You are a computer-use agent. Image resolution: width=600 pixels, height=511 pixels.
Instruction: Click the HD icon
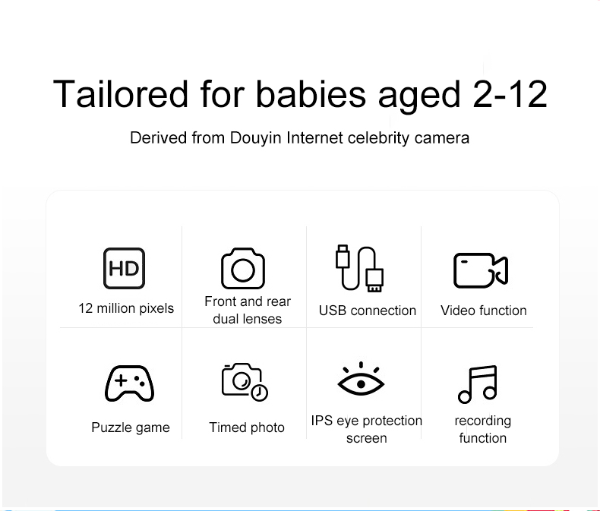click(124, 268)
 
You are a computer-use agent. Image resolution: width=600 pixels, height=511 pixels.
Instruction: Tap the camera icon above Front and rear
click(243, 268)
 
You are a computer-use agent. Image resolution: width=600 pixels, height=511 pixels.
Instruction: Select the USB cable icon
click(359, 268)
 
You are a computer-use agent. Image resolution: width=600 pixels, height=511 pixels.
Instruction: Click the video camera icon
click(481, 270)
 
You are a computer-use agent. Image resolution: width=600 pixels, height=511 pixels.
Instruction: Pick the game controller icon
click(129, 383)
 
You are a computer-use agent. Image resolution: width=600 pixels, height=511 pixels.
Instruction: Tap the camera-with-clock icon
click(245, 382)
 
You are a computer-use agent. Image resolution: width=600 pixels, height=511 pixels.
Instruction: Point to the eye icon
click(361, 380)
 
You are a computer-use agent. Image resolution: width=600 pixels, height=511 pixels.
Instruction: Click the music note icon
click(478, 384)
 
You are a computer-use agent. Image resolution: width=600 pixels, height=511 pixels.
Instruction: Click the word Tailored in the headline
click(121, 94)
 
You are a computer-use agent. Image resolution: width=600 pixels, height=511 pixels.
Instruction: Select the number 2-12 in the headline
click(510, 94)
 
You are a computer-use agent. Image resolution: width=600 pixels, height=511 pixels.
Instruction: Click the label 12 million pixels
click(126, 308)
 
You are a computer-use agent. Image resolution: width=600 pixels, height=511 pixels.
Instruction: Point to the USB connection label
click(368, 311)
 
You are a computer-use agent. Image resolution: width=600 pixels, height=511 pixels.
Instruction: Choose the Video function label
click(484, 311)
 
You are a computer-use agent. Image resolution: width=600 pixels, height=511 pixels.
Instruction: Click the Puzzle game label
click(131, 427)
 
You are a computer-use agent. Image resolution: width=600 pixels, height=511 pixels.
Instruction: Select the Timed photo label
click(247, 427)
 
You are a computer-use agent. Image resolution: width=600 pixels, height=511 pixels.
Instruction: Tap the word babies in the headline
click(311, 94)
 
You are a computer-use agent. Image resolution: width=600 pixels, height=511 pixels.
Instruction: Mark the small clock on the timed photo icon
click(260, 393)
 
